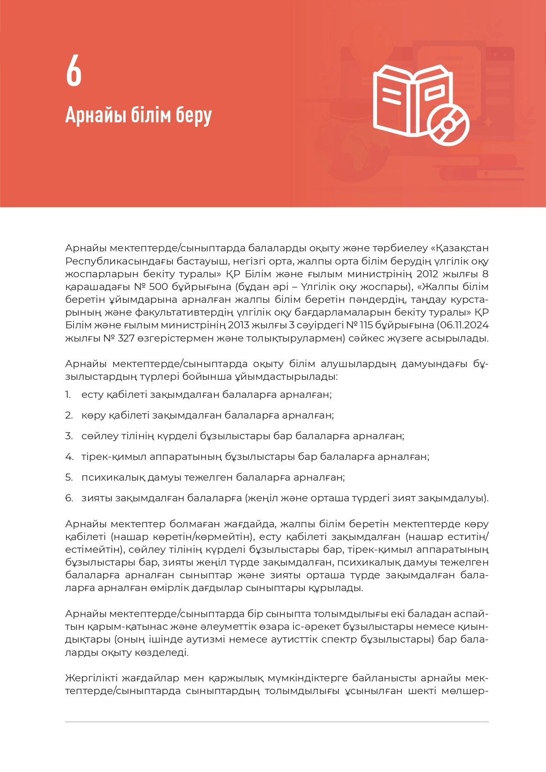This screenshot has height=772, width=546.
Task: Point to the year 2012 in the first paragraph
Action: coord(427,274)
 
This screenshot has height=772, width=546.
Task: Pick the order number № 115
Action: coord(359,325)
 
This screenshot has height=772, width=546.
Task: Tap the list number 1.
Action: coord(68,394)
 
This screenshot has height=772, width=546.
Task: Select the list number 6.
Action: coord(69,498)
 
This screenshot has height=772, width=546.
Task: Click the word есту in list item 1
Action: coord(92,394)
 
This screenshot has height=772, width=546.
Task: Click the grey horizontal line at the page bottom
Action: coord(277,722)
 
